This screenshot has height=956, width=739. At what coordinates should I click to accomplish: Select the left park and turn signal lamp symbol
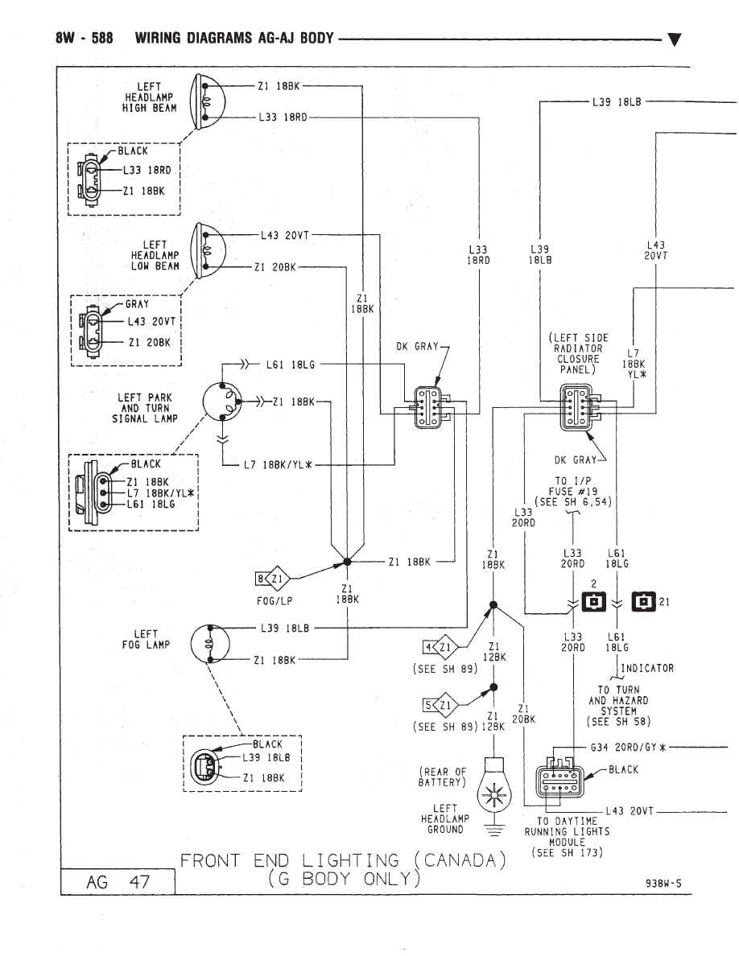[x=222, y=402]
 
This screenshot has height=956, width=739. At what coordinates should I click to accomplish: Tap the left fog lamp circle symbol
[x=210, y=643]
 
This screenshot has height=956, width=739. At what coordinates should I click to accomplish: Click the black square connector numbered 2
[x=594, y=602]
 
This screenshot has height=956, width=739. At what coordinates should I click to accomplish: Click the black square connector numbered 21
[x=643, y=602]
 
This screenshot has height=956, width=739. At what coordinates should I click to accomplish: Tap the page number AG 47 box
[x=118, y=882]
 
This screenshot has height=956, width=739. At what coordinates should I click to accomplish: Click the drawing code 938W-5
[x=663, y=882]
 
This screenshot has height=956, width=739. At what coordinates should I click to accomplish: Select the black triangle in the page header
[x=675, y=40]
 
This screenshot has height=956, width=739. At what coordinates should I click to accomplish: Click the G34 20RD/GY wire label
[x=627, y=748]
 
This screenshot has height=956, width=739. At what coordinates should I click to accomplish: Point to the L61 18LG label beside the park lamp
[x=291, y=365]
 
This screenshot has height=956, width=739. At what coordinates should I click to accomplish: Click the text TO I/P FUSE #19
[x=573, y=486]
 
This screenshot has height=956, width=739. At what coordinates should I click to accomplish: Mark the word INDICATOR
[x=647, y=668]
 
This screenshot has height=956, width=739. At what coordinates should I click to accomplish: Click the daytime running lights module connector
[x=559, y=777]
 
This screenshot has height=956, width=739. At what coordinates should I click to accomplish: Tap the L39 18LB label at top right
[x=617, y=102]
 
